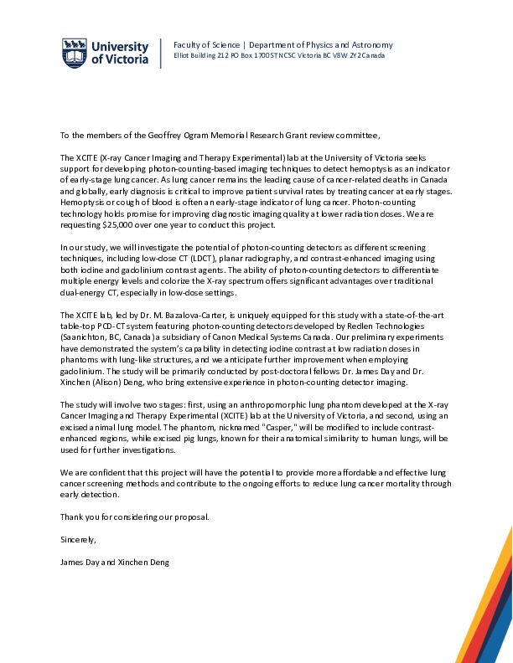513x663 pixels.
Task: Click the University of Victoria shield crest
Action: pyautogui.click(x=73, y=53)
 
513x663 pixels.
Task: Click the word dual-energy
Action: pyautogui.click(x=82, y=292)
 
